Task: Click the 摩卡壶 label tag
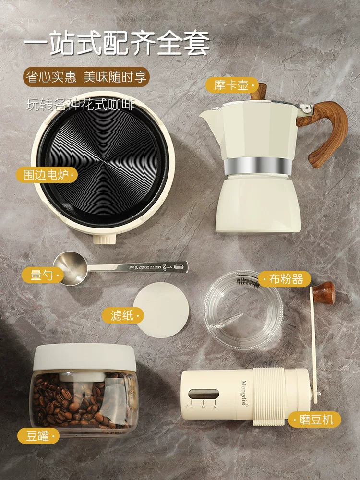point(231,85)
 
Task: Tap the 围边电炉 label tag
point(46,174)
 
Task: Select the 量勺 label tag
point(42,275)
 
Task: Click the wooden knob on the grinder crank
point(326,293)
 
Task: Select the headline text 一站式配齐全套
point(117,44)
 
